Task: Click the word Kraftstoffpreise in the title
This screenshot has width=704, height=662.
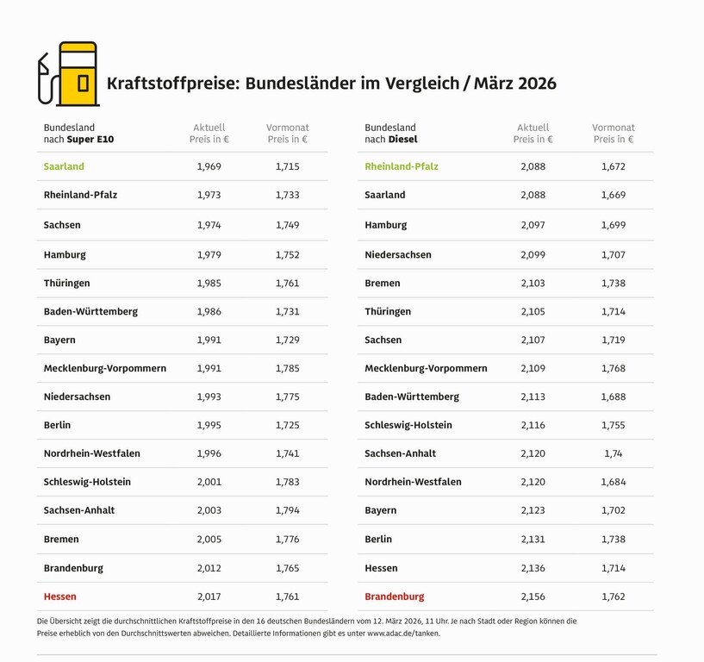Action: [172, 84]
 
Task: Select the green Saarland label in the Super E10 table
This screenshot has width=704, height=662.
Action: [64, 166]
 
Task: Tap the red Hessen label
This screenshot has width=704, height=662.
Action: [60, 596]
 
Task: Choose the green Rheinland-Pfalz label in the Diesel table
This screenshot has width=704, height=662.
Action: [402, 166]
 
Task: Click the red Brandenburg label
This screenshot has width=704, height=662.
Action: [395, 596]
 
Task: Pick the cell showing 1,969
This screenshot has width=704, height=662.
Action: [209, 166]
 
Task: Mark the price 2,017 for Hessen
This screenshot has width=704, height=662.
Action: [209, 596]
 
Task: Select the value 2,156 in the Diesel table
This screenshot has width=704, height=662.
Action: [533, 596]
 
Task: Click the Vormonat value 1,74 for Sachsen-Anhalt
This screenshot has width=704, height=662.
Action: [613, 453]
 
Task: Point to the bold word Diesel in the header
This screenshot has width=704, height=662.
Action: [402, 139]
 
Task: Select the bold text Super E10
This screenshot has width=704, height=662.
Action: [90, 139]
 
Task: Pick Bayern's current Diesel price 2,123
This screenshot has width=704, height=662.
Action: [533, 510]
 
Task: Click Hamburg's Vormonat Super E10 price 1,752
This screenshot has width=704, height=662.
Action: [288, 255]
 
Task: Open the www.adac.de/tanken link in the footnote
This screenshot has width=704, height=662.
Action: [403, 634]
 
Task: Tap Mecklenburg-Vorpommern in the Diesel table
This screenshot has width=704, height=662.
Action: [426, 368]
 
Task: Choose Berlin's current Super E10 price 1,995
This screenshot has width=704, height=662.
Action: [209, 425]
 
